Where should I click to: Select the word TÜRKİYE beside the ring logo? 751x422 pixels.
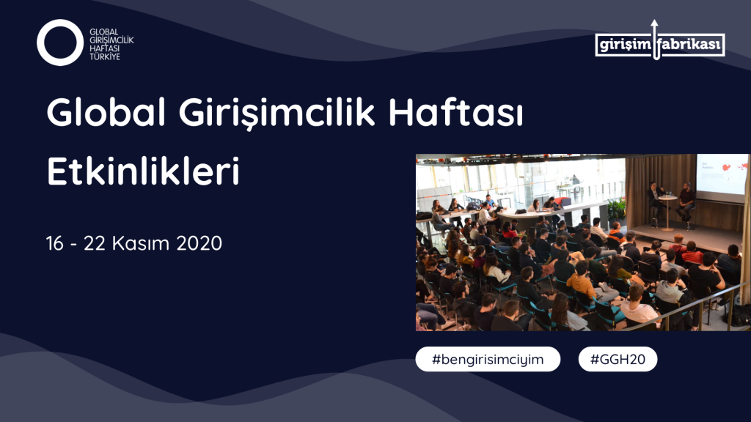tap(104, 56)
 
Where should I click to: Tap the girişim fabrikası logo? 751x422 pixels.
tap(659, 44)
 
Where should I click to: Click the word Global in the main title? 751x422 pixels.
tap(106, 112)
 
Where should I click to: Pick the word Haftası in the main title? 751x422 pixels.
tap(455, 112)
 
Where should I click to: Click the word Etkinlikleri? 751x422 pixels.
tap(143, 171)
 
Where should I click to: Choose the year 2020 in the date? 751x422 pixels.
tap(199, 243)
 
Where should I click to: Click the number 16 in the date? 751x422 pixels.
tap(55, 243)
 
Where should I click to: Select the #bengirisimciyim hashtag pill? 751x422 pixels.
tap(488, 359)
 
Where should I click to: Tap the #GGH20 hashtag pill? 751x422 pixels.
tap(618, 359)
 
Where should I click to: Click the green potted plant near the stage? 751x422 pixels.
tap(616, 210)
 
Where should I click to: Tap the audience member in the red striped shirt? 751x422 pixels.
tap(692, 253)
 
